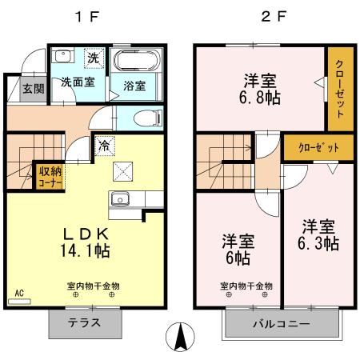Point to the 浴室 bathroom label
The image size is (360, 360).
pyautogui.click(x=134, y=86)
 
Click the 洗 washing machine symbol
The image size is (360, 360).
pyautogui.click(x=94, y=58)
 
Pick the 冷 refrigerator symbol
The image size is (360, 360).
pyautogui.click(x=104, y=145)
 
